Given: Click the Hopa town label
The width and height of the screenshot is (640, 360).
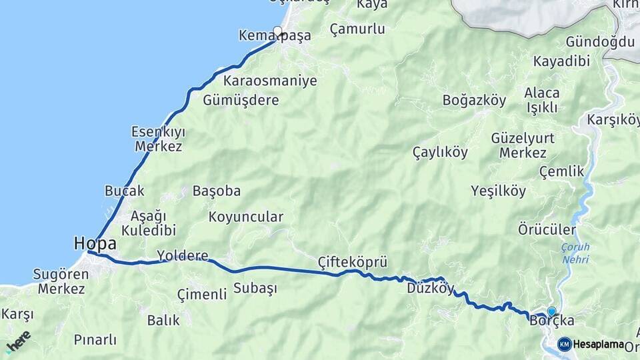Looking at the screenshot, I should point(95,243).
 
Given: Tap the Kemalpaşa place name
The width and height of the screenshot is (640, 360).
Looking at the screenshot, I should point(275,36).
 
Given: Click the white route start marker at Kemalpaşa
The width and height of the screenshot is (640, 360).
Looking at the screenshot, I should point(278,30).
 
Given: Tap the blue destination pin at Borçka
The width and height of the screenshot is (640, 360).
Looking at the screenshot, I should point(551,311).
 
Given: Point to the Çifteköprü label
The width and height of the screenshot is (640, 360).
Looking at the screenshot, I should point(353,261).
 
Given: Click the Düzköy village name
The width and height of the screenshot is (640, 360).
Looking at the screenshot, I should point(430,289).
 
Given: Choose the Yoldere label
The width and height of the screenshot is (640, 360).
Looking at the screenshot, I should point(182,255).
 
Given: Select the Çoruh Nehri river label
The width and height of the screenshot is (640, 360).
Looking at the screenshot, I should point(575,253).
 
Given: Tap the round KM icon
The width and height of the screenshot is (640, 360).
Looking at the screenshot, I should point(565,344).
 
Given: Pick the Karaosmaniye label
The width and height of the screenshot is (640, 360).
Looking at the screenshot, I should point(270,81).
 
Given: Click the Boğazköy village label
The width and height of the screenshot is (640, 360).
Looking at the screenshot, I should point(474,101).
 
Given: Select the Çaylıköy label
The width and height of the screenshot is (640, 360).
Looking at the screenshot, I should point(440,152).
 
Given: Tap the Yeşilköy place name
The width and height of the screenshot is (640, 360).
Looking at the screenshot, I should point(498,191).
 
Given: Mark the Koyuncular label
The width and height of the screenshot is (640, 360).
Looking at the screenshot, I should point(246,217).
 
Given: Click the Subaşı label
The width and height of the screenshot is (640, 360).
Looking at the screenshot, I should point(255,289).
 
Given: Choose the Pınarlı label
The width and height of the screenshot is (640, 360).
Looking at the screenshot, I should point(95,340).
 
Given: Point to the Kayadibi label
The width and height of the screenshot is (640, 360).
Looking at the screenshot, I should point(561,61).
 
